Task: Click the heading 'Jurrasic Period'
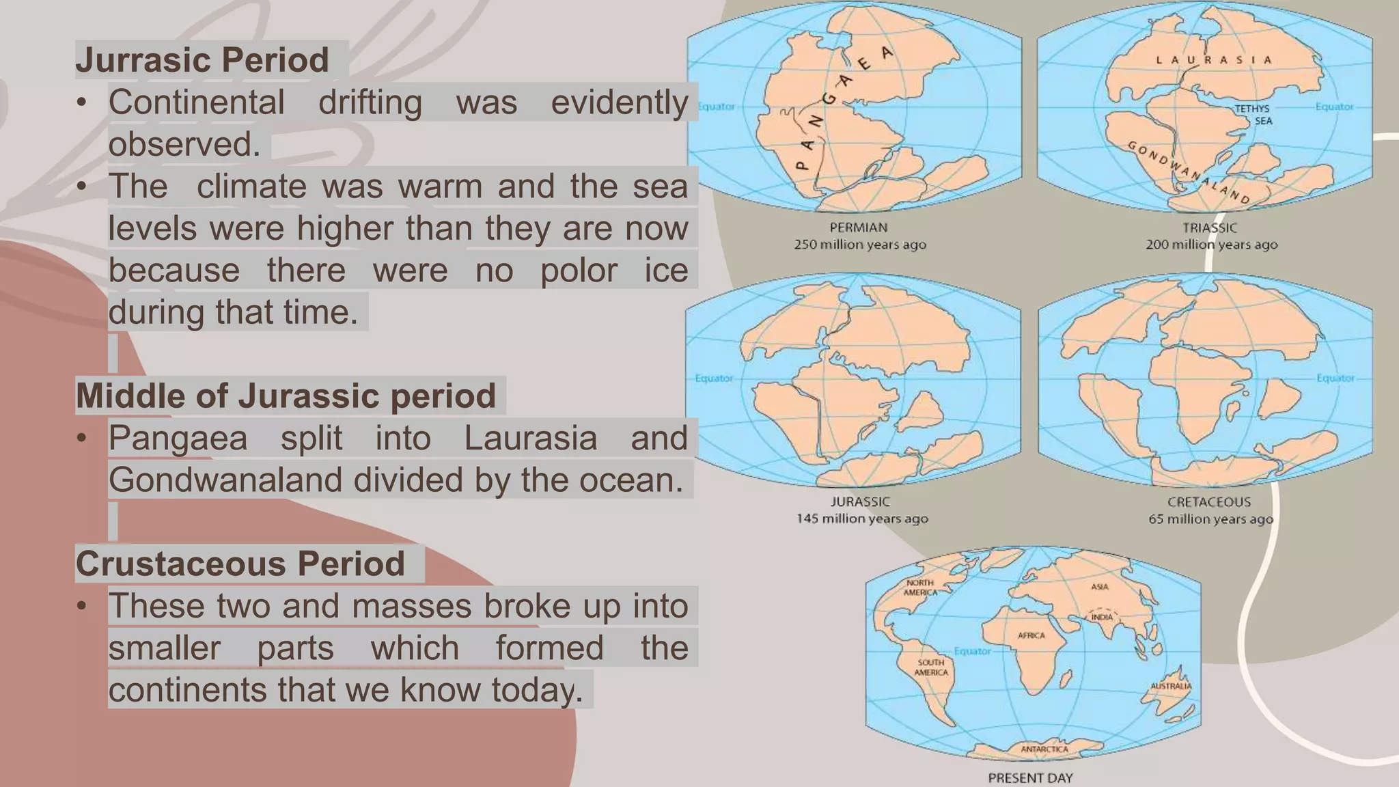click(202, 60)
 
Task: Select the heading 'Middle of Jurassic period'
click(286, 396)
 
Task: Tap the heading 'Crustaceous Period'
click(240, 564)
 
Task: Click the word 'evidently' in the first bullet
click(619, 103)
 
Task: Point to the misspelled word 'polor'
click(579, 271)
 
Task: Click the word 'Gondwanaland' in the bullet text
click(225, 480)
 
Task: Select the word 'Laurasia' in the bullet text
click(530, 439)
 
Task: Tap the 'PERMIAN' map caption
click(859, 227)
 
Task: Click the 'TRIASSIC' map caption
click(1210, 227)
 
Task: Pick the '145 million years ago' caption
click(862, 519)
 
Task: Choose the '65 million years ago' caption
click(1210, 519)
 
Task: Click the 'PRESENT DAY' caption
click(1030, 777)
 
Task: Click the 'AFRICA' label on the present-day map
click(1031, 635)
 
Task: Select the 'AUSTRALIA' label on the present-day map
click(1171, 686)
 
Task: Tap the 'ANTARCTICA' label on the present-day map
click(1044, 749)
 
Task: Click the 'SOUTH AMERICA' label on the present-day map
click(931, 667)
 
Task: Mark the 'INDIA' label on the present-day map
click(1101, 617)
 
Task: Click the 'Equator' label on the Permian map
click(716, 107)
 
